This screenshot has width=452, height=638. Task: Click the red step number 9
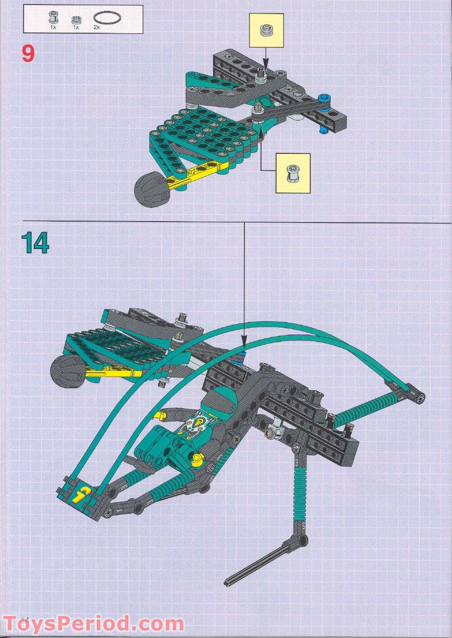tap(28, 54)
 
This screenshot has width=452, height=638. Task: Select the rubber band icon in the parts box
tap(107, 18)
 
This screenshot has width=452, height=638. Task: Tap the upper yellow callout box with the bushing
tap(266, 30)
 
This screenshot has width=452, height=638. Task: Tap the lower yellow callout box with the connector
tap(293, 173)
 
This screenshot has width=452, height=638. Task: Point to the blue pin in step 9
tap(325, 97)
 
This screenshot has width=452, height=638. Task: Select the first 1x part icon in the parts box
tap(53, 19)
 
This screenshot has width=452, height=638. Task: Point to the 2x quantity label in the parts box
tap(96, 27)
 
